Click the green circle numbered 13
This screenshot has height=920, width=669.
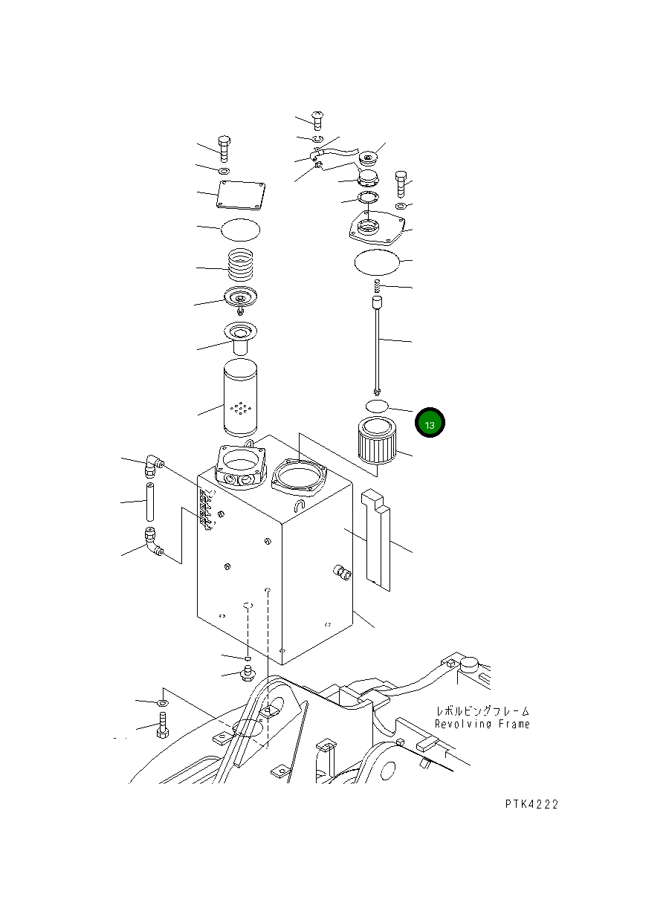430,424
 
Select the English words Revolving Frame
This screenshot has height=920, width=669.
482,724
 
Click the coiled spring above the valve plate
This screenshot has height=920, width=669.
242,265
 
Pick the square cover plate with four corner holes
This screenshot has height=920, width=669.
242,197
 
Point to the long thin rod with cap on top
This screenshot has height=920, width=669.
378,342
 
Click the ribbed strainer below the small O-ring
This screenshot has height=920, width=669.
375,444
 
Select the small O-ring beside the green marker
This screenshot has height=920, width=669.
377,406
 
